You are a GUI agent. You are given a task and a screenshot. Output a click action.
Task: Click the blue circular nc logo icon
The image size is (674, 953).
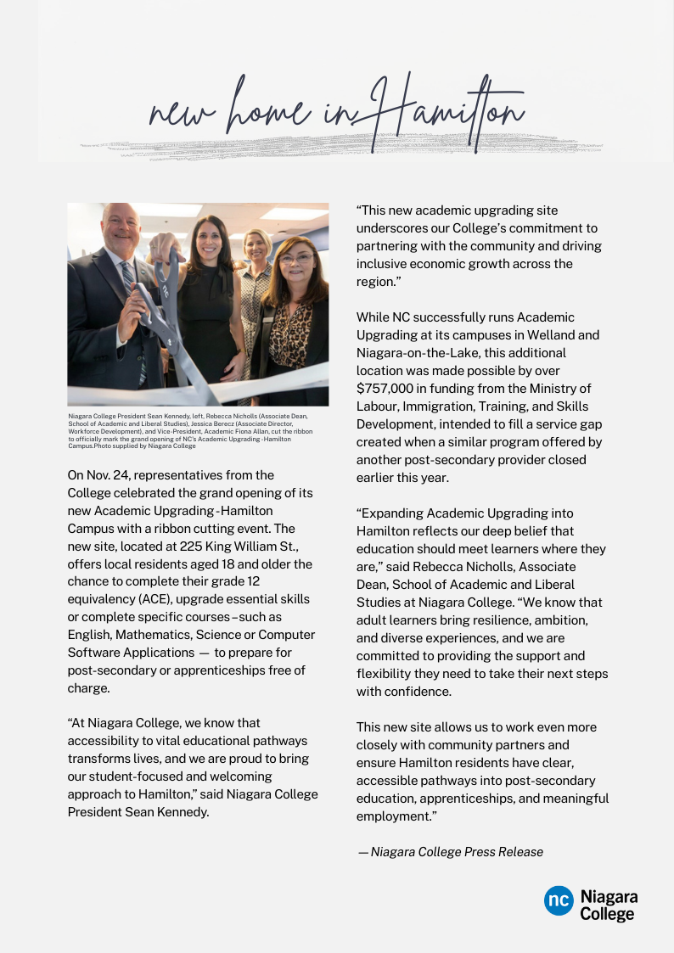pyautogui.click(x=559, y=901)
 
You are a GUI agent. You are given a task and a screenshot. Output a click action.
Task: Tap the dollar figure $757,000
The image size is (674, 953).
pyautogui.click(x=386, y=388)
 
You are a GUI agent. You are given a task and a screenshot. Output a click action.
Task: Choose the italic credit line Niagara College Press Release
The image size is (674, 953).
pyautogui.click(x=457, y=851)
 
